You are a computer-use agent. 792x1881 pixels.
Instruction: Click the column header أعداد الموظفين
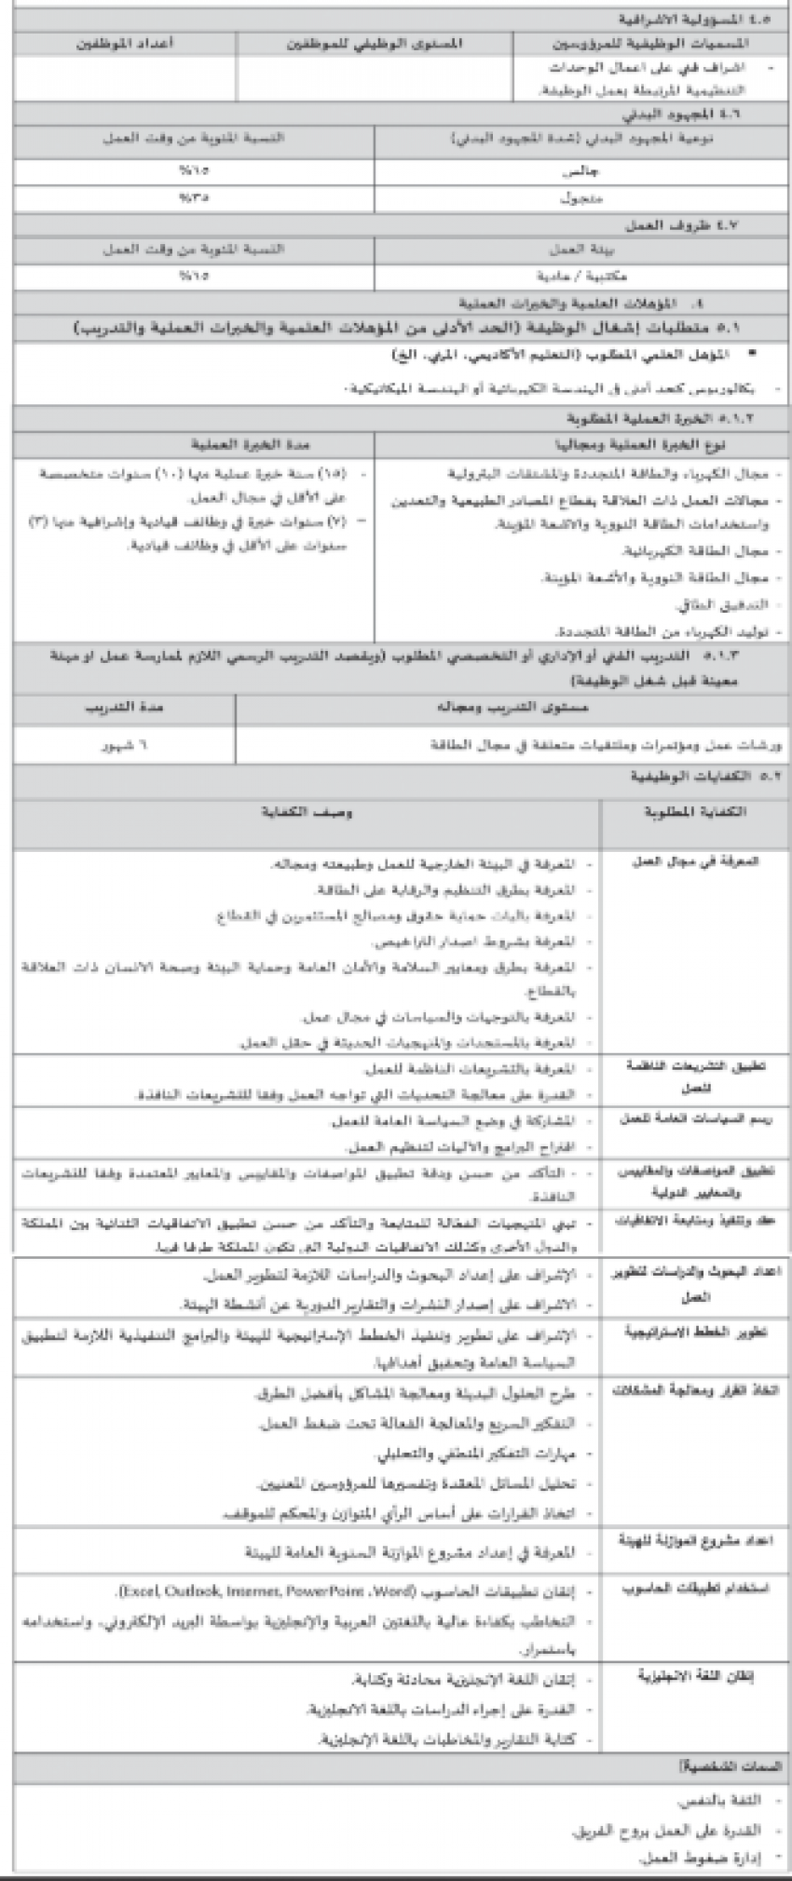[x=125, y=44]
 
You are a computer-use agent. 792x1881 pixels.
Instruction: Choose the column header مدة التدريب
[x=125, y=708]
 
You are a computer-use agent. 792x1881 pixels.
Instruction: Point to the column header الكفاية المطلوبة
[x=695, y=812]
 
